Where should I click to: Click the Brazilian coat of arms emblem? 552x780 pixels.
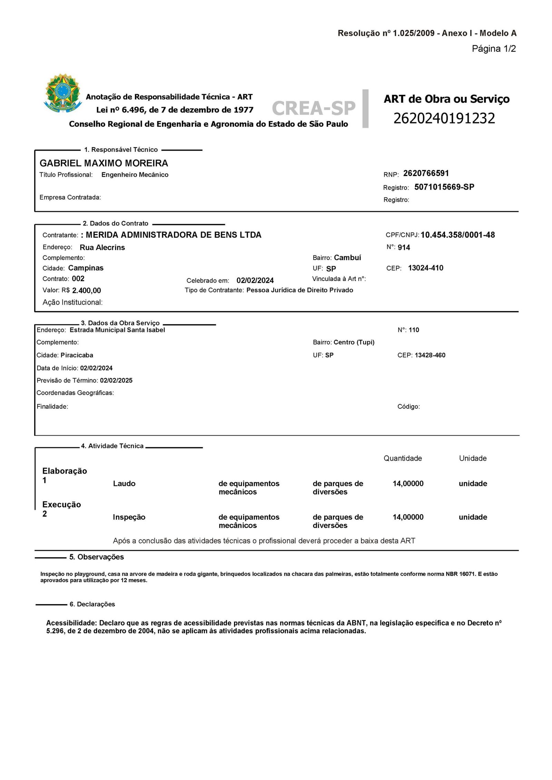63,93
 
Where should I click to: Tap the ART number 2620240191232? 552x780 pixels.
444,118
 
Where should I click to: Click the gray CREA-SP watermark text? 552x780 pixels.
313,108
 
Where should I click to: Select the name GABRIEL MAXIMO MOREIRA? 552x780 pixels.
104,163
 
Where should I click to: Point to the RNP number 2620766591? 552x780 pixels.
426,173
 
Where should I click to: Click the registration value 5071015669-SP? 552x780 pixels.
444,187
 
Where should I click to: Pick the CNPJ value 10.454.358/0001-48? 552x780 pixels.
457,235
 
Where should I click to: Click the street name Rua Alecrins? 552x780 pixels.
102,247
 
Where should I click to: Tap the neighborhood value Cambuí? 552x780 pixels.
347,257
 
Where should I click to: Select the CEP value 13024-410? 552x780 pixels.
425,268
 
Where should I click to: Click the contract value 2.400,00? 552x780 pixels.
86,291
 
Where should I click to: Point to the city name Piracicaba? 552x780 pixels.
77,355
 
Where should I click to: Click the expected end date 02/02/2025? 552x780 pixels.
116,381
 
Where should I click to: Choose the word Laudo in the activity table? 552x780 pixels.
124,484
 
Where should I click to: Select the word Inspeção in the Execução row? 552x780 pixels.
129,517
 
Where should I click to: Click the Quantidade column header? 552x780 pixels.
403,458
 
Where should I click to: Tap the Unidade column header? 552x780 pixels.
473,458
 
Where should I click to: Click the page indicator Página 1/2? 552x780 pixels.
494,49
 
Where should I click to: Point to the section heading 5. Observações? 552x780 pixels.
96,557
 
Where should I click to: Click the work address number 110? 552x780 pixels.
414,330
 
